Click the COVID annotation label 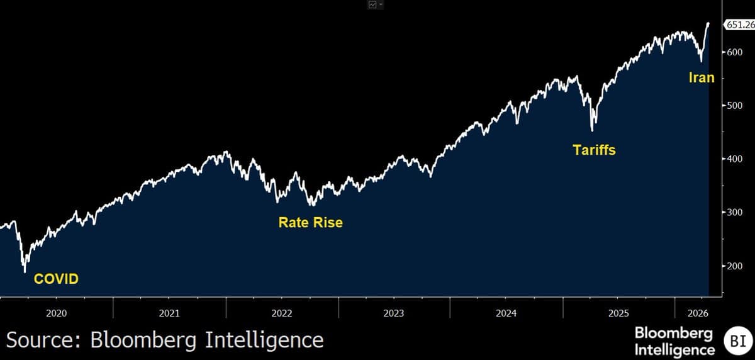click(x=56, y=278)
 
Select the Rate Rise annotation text click(x=310, y=222)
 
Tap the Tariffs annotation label click(x=593, y=150)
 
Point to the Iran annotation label click(x=701, y=77)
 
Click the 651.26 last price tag click(x=739, y=25)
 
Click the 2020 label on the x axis click(x=57, y=313)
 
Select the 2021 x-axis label click(x=169, y=313)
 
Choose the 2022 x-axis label click(x=281, y=313)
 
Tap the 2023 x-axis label click(x=394, y=313)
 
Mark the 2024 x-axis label click(x=506, y=313)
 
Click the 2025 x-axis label click(x=618, y=313)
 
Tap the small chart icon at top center click(x=373, y=4)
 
